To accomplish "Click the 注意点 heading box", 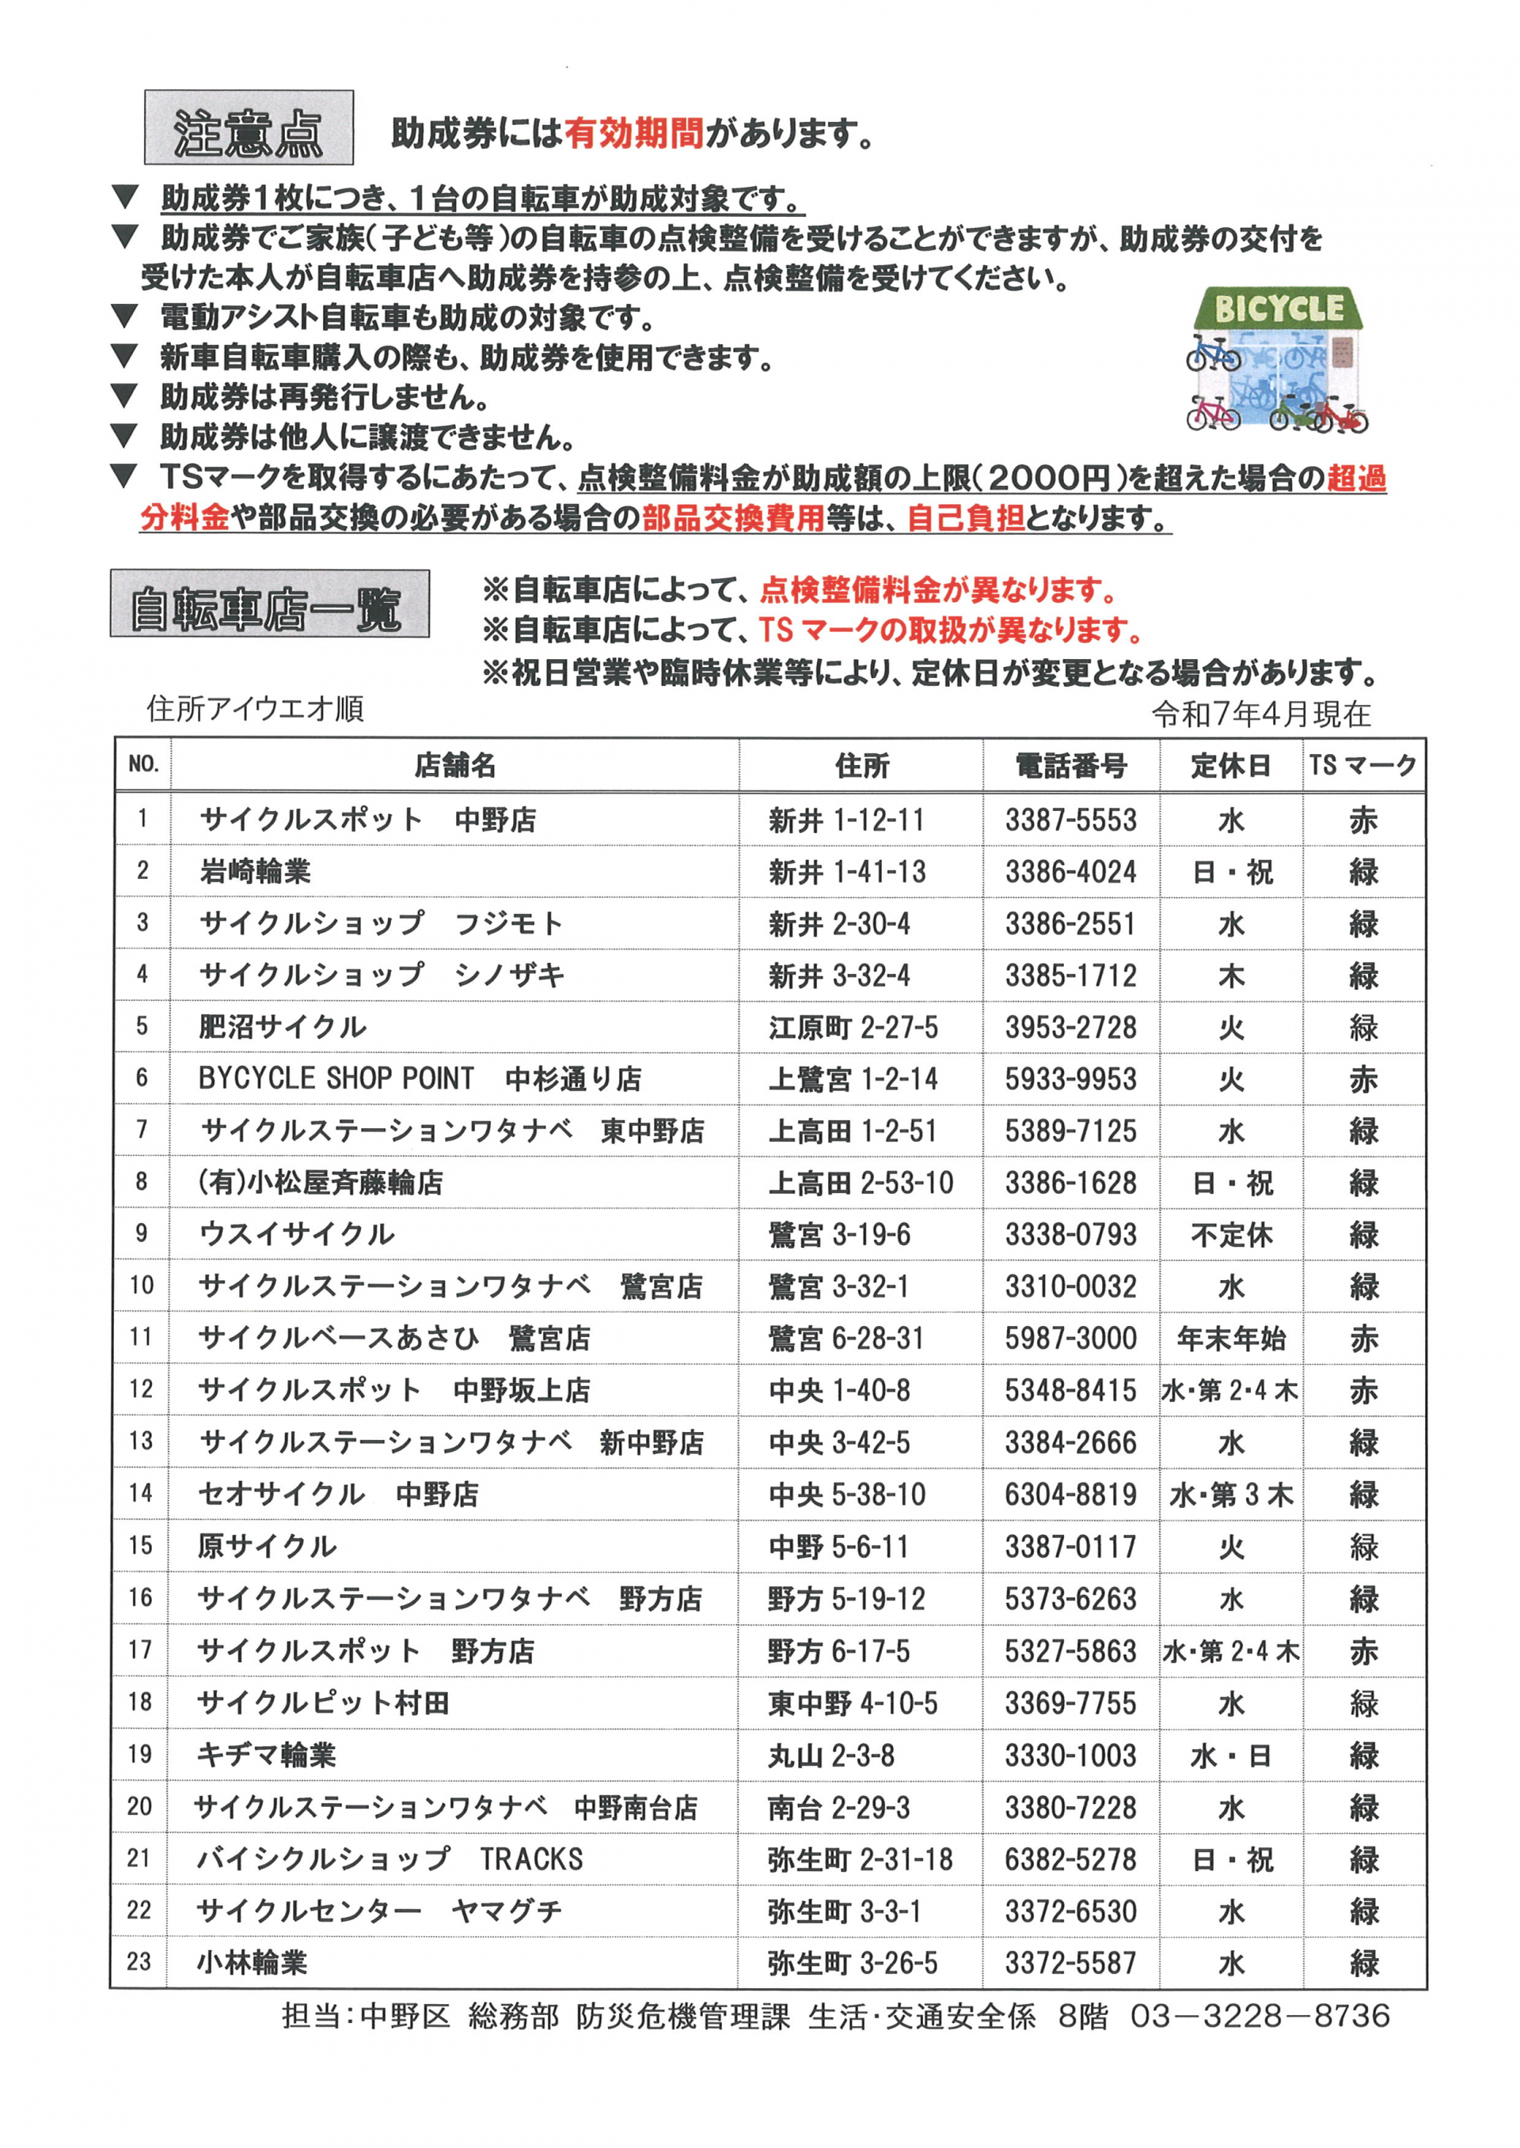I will (x=248, y=128).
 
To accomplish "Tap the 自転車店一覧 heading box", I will (x=269, y=604).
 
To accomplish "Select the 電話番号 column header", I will (x=1071, y=766).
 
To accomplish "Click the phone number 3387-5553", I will (x=1071, y=820).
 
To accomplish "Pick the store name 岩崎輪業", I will (x=255, y=872).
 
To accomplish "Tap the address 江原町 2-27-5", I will (x=853, y=1027).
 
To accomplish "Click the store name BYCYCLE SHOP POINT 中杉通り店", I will (x=420, y=1078).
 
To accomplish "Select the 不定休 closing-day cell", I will (x=1231, y=1235).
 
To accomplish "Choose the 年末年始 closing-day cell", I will (x=1231, y=1339).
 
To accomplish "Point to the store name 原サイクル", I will (x=267, y=1547).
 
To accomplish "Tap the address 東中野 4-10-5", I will (x=853, y=1703).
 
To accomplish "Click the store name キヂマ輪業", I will (x=266, y=1755).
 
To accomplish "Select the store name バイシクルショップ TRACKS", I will (x=389, y=1859).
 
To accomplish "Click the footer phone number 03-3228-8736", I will (x=1260, y=2015).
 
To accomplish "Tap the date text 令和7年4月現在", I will (x=1261, y=714).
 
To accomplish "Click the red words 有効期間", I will (x=633, y=134).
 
